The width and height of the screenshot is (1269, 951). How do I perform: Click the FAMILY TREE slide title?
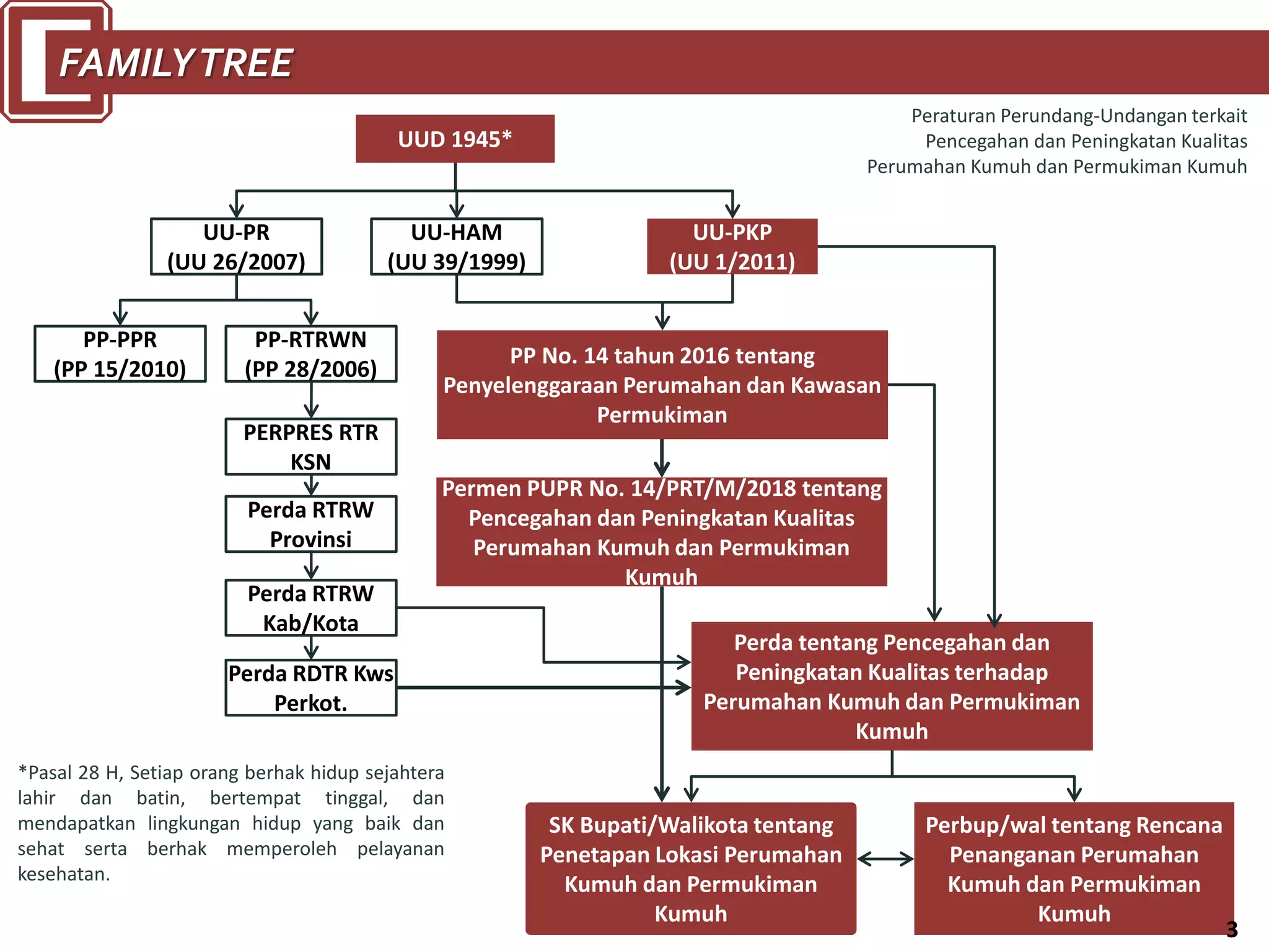click(x=176, y=63)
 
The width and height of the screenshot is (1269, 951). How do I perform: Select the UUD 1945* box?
click(x=455, y=139)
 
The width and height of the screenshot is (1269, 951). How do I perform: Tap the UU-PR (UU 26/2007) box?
click(x=236, y=246)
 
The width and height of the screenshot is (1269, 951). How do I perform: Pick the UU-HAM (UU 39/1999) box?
click(x=457, y=246)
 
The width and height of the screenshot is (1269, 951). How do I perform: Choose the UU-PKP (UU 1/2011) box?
click(x=732, y=246)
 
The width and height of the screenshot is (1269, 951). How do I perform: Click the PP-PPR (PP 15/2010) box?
click(x=120, y=354)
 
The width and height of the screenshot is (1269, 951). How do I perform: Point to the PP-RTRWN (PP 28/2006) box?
click(x=311, y=354)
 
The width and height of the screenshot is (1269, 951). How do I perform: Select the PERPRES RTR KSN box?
click(x=311, y=447)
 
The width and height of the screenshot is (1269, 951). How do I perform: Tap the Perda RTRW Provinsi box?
click(x=311, y=524)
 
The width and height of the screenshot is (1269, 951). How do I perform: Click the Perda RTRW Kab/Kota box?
click(x=311, y=608)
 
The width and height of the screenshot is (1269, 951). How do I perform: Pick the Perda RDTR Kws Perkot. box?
click(x=311, y=688)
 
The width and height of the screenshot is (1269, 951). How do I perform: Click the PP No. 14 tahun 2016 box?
click(x=662, y=384)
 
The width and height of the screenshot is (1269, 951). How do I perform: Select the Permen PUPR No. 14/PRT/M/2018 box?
click(x=662, y=532)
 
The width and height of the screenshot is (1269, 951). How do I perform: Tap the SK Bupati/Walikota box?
click(x=691, y=869)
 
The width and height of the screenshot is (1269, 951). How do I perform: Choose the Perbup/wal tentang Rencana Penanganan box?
click(x=1074, y=869)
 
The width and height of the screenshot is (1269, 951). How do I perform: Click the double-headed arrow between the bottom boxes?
click(x=885, y=859)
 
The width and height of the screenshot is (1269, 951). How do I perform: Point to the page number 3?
click(x=1232, y=929)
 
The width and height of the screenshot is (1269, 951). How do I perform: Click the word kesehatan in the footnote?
click(x=63, y=874)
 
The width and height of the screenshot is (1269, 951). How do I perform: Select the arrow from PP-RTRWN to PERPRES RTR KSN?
click(x=311, y=400)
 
